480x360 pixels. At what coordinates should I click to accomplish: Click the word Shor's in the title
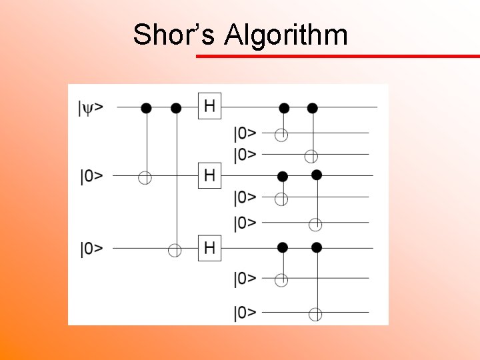(x=173, y=34)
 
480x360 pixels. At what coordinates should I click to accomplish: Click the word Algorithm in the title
(x=286, y=35)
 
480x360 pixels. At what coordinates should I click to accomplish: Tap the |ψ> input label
(x=90, y=107)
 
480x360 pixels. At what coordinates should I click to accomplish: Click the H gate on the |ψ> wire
(x=209, y=106)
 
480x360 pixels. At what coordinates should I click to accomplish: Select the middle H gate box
(x=209, y=176)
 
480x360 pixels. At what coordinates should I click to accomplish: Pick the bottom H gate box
(x=209, y=249)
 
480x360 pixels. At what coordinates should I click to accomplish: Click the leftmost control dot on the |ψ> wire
(x=146, y=107)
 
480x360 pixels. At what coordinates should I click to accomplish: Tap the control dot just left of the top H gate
(x=176, y=107)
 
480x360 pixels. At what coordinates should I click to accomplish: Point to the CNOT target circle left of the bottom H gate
(x=175, y=250)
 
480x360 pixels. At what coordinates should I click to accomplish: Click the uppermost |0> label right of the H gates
(x=245, y=133)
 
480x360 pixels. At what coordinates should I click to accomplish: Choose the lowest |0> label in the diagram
(x=245, y=312)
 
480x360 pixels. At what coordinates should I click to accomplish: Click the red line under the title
(x=337, y=57)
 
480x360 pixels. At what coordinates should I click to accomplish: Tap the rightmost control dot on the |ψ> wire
(x=311, y=107)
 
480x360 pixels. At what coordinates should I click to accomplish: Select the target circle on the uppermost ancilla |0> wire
(x=282, y=135)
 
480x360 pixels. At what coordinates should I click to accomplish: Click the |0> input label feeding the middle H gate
(x=91, y=177)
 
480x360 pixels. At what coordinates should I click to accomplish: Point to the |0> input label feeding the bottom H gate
(x=91, y=249)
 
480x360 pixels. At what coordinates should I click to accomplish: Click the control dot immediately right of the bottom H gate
(x=282, y=248)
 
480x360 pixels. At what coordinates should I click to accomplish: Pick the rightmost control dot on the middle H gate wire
(x=317, y=175)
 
